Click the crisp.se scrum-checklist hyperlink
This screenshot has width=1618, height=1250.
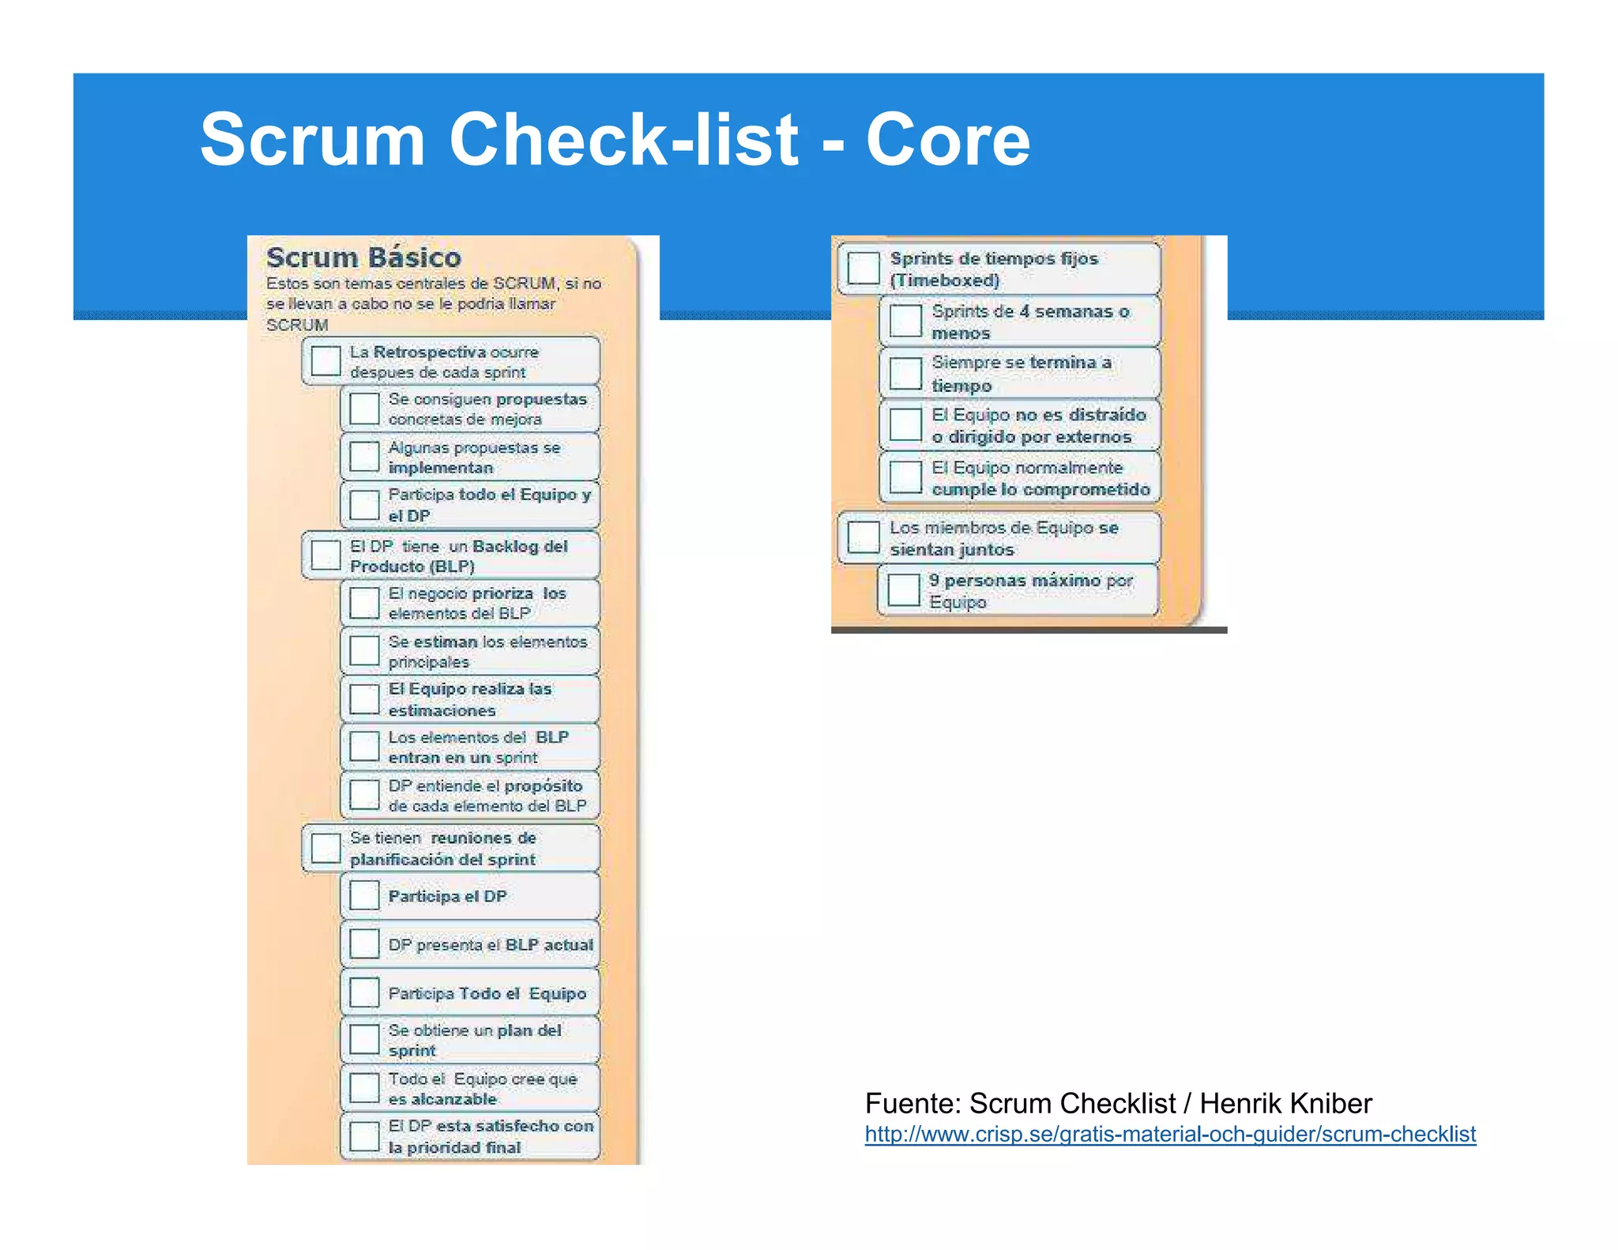click(1169, 1134)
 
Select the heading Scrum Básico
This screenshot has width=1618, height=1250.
click(363, 258)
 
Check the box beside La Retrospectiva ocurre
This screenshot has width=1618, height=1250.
click(325, 360)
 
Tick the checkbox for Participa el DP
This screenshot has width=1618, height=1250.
click(364, 895)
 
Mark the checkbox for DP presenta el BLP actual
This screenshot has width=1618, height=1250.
click(364, 943)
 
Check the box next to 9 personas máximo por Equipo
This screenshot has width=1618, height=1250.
click(904, 589)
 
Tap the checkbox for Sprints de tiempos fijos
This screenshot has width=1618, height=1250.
click(863, 268)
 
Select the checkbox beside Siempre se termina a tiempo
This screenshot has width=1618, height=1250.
click(905, 373)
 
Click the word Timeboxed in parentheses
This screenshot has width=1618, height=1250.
click(945, 280)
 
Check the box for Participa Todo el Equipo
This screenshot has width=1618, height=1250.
click(364, 992)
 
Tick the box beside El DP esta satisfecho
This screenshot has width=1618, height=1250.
click(364, 1136)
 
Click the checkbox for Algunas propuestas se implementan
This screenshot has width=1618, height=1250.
click(364, 456)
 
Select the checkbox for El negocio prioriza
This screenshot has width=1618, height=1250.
click(364, 602)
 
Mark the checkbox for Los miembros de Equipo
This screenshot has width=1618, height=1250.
click(863, 537)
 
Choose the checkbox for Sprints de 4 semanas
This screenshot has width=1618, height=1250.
click(905, 321)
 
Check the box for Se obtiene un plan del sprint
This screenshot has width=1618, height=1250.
click(364, 1039)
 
